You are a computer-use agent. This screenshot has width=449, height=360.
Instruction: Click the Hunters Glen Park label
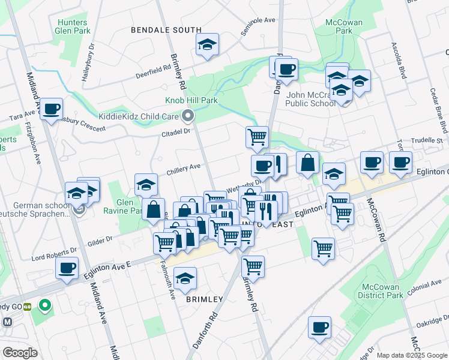click(x=73, y=26)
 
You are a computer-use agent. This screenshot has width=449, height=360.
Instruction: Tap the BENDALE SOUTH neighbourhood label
click(x=166, y=29)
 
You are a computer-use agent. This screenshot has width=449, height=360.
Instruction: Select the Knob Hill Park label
click(x=191, y=100)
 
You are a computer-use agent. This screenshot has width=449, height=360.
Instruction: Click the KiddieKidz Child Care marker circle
click(x=188, y=115)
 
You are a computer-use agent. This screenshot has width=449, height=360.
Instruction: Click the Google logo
click(x=20, y=352)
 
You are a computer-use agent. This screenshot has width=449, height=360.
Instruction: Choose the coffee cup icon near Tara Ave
click(x=52, y=109)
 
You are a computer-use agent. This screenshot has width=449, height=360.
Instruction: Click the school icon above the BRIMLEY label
click(x=185, y=278)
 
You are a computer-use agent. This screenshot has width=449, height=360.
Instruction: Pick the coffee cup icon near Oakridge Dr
click(x=320, y=327)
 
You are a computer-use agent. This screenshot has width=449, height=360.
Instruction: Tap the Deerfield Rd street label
click(x=153, y=68)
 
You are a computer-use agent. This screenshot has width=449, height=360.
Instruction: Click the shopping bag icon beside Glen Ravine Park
click(x=154, y=209)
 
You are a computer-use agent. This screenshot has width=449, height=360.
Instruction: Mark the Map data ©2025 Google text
click(x=411, y=355)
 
